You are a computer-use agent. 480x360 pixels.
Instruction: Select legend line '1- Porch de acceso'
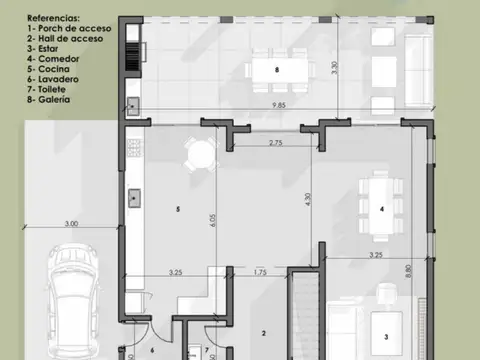click(x=63, y=29)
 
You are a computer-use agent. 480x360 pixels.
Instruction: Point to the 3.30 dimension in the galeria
click(x=334, y=71)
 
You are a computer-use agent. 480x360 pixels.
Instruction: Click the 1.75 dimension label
click(x=259, y=272)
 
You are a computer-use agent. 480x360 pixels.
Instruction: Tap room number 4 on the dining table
click(x=381, y=208)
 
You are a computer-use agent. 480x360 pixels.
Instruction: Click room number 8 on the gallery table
click(x=276, y=69)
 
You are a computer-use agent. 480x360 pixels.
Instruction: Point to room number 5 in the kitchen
click(x=177, y=209)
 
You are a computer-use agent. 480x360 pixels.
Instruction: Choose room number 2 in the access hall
click(x=263, y=334)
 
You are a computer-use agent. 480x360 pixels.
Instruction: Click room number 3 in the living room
click(x=385, y=336)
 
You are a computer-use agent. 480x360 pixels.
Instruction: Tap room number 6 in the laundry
click(x=152, y=350)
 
